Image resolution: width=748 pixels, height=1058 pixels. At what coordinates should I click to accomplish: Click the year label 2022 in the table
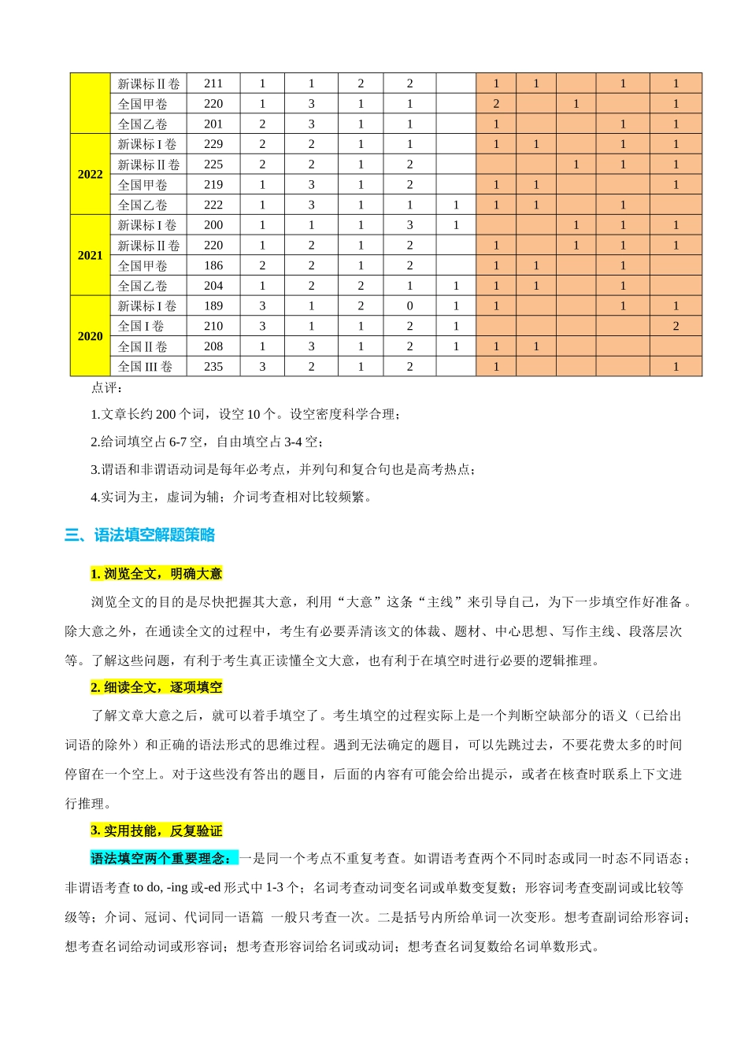pyautogui.click(x=90, y=175)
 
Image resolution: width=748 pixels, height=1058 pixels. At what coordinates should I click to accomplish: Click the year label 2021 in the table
pyautogui.click(x=90, y=256)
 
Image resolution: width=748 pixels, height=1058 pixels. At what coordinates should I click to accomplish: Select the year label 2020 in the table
pyautogui.click(x=90, y=337)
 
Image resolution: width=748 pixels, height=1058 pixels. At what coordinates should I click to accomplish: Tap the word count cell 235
pyautogui.click(x=213, y=367)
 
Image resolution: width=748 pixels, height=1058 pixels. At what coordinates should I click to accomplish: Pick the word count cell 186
pyautogui.click(x=213, y=266)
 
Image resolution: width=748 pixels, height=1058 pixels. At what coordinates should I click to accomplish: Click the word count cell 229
pyautogui.click(x=213, y=145)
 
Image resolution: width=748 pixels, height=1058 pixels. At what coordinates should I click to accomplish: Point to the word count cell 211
pyautogui.click(x=213, y=83)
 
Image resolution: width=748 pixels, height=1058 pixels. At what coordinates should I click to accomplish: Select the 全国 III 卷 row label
pyautogui.click(x=145, y=367)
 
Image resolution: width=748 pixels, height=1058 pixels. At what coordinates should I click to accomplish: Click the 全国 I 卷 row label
pyautogui.click(x=141, y=327)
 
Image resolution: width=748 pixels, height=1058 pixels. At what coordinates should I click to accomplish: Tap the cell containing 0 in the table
pyautogui.click(x=409, y=306)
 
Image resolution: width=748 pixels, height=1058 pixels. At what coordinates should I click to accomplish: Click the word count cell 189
pyautogui.click(x=213, y=306)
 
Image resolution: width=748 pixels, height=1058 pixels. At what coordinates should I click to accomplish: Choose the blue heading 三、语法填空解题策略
pyautogui.click(x=140, y=535)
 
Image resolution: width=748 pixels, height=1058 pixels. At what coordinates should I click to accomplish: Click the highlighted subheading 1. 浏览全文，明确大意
pyautogui.click(x=156, y=574)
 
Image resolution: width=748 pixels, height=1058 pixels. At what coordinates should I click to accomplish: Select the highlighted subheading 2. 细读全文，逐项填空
pyautogui.click(x=156, y=688)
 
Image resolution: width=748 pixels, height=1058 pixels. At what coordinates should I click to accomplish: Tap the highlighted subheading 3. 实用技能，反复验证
pyautogui.click(x=156, y=831)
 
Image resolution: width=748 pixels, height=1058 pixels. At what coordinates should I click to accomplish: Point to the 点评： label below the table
pyautogui.click(x=107, y=388)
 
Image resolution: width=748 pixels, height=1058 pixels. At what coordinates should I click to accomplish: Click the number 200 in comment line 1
pyautogui.click(x=166, y=415)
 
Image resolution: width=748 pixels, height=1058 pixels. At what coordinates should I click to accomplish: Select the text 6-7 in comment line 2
pyautogui.click(x=179, y=442)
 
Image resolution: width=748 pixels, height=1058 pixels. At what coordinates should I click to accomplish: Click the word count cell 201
pyautogui.click(x=213, y=124)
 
